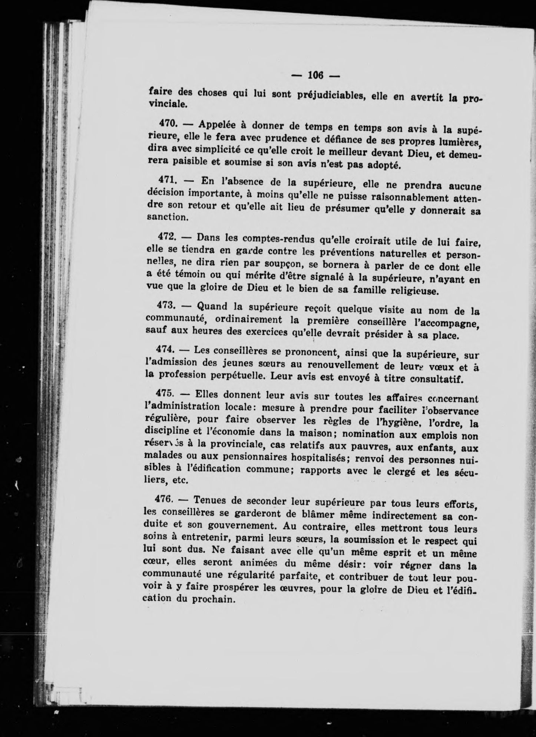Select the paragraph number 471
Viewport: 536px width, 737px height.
pyautogui.click(x=166, y=179)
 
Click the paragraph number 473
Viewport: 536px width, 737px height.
pyautogui.click(x=166, y=305)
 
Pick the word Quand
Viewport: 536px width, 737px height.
pyautogui.click(x=213, y=306)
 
